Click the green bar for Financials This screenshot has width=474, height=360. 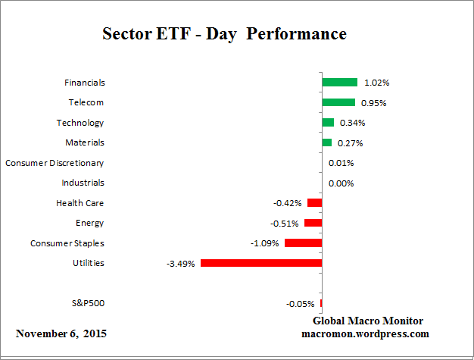[x=339, y=82]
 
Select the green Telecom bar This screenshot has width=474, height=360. [x=338, y=102]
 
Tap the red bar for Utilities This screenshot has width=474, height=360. [x=261, y=263]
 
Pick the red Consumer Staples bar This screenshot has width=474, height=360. [x=303, y=243]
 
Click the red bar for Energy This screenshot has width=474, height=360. [x=313, y=223]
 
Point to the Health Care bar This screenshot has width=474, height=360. [x=314, y=203]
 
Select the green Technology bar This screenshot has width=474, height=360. [x=328, y=122]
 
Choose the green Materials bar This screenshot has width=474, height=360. [x=326, y=142]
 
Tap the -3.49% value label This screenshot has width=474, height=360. [x=182, y=264]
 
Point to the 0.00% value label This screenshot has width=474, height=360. [x=341, y=183]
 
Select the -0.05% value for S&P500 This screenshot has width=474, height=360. [x=301, y=304]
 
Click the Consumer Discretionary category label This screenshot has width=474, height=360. [x=55, y=163]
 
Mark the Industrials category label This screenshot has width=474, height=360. [x=83, y=183]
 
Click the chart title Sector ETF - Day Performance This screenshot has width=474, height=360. [x=224, y=34]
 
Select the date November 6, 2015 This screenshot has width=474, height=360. [x=61, y=333]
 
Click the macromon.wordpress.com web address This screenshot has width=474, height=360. [x=365, y=333]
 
